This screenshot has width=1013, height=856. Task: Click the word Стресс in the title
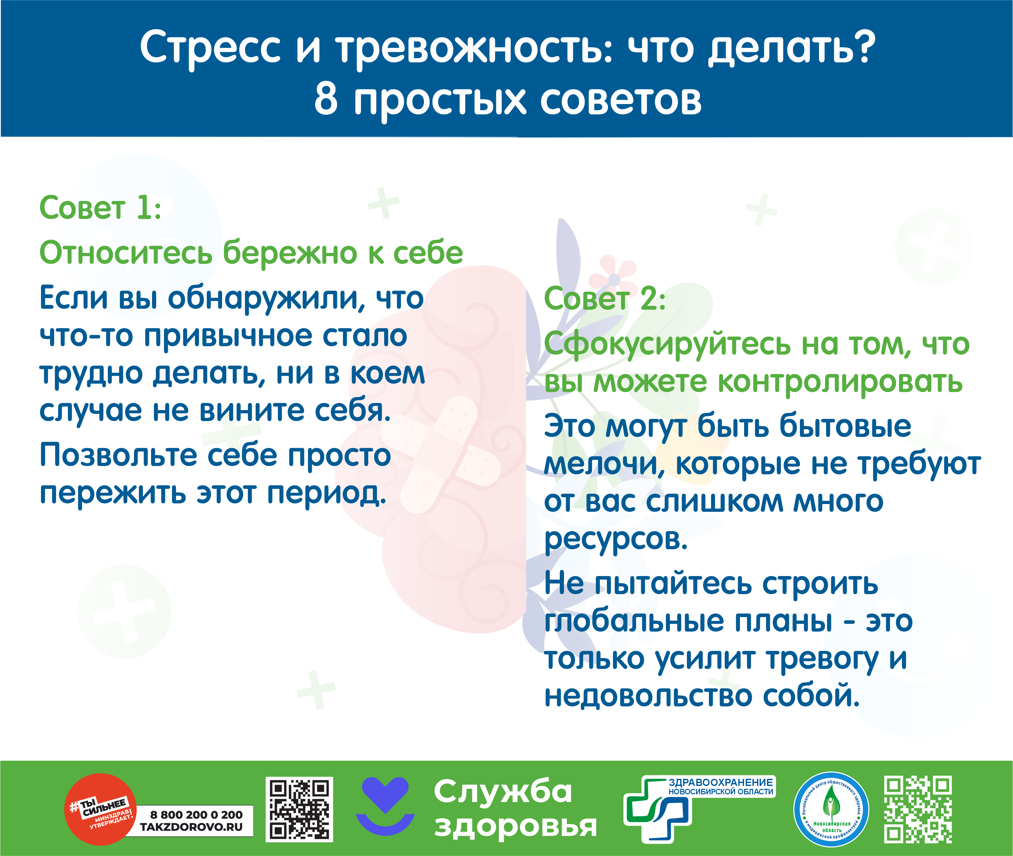click(x=210, y=47)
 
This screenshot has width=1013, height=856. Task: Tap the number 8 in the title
click(x=326, y=98)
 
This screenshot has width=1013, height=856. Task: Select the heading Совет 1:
click(x=100, y=208)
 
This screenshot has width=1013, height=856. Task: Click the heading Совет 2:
click(x=605, y=298)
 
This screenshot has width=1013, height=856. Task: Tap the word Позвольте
click(x=118, y=455)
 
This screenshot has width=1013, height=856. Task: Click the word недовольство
click(x=649, y=696)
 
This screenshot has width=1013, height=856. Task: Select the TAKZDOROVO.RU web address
click(x=191, y=827)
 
